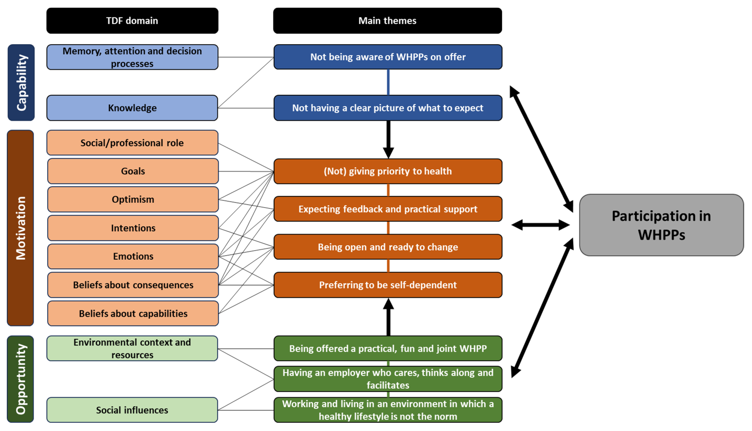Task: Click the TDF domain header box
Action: pyautogui.click(x=132, y=21)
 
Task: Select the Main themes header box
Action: pyautogui.click(x=388, y=21)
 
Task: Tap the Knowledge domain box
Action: pyautogui.click(x=132, y=108)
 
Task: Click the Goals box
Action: pyautogui.click(x=133, y=171)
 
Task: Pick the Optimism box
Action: pyautogui.click(x=133, y=199)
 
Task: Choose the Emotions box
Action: pyautogui.click(x=133, y=256)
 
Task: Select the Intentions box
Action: pyautogui.click(x=133, y=228)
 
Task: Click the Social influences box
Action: pyautogui.click(x=132, y=410)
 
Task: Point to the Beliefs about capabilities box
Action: pyautogui.click(x=133, y=313)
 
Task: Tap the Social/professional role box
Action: pyautogui.click(x=132, y=143)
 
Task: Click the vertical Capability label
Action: pyautogui.click(x=21, y=83)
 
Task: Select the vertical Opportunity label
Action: pyautogui.click(x=20, y=379)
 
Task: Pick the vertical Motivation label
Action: pyautogui.click(x=20, y=228)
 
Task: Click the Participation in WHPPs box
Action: pyautogui.click(x=661, y=225)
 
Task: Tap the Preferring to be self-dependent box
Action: pyautogui.click(x=388, y=285)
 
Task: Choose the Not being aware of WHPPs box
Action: pyautogui.click(x=388, y=57)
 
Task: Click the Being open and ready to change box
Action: pyautogui.click(x=388, y=247)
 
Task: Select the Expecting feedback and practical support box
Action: pyautogui.click(x=388, y=209)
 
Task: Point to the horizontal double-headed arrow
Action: pyautogui.click(x=541, y=225)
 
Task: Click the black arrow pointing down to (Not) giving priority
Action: pyautogui.click(x=388, y=140)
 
